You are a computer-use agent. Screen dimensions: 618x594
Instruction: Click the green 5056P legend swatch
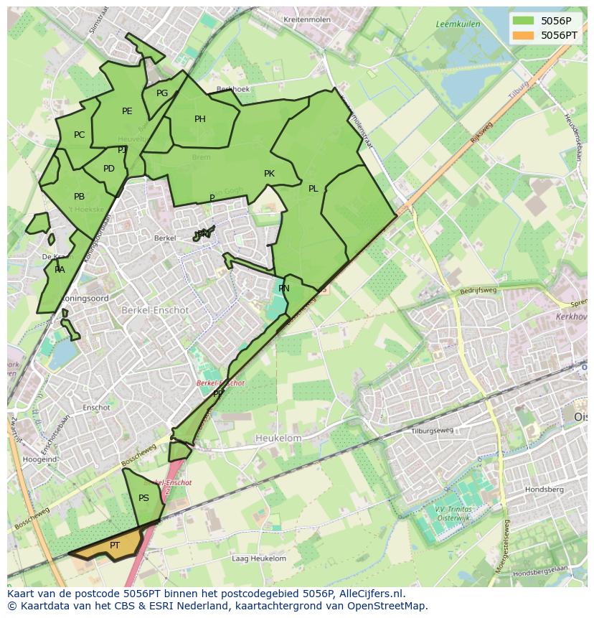[x=523, y=21]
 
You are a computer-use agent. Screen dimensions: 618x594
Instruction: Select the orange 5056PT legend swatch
[x=523, y=34]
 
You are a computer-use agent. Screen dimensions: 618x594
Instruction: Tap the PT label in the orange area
[x=115, y=546]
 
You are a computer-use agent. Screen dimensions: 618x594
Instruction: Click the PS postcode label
[x=143, y=498]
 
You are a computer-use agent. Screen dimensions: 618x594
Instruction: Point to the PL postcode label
[x=313, y=189]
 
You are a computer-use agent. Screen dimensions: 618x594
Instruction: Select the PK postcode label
[x=269, y=174]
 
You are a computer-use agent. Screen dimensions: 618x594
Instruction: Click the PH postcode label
[x=200, y=119]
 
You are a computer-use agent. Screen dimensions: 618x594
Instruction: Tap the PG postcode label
[x=162, y=93]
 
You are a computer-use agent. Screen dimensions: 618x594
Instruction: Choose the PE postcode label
[x=127, y=111]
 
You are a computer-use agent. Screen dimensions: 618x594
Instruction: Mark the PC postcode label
[x=79, y=135]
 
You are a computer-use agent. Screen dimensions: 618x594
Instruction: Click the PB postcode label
[x=79, y=197]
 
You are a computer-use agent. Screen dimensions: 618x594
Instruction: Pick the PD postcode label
[x=109, y=169]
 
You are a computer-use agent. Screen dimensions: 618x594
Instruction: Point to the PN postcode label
[x=284, y=289]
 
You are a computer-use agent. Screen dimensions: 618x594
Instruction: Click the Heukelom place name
[x=278, y=438]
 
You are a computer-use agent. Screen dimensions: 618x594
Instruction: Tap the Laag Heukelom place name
[x=259, y=558]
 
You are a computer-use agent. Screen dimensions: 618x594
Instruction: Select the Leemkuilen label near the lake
[x=458, y=24]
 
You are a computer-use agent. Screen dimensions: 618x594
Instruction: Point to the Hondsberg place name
[x=544, y=490]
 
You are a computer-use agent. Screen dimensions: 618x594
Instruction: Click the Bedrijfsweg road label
[x=478, y=291]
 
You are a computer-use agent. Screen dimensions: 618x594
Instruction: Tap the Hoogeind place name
[x=40, y=459]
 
